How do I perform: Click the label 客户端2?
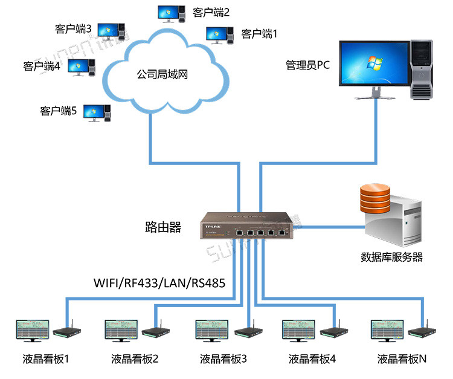pyautogui.click(x=211, y=11)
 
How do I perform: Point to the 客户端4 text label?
pyautogui.click(x=42, y=66)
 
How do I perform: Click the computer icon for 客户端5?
pyautogui.click(x=97, y=112)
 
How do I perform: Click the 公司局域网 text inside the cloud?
pyautogui.click(x=162, y=75)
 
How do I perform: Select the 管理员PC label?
pyautogui.click(x=308, y=65)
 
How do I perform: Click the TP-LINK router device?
pyautogui.click(x=248, y=227)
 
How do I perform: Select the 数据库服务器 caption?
pyautogui.click(x=391, y=257)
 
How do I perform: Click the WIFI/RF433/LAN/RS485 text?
pyautogui.click(x=159, y=282)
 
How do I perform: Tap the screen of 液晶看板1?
pyautogui.click(x=33, y=331)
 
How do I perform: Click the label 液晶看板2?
pyautogui.click(x=135, y=358)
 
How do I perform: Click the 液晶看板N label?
pyautogui.click(x=402, y=358)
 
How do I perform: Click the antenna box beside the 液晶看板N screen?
pyautogui.click(x=420, y=330)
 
